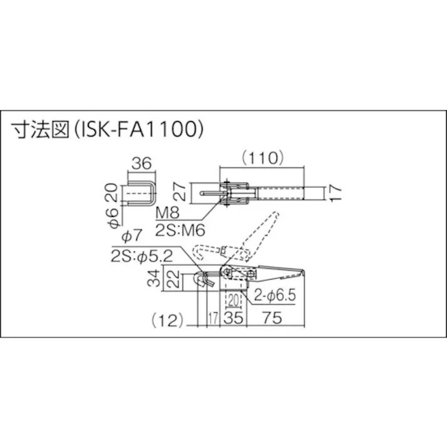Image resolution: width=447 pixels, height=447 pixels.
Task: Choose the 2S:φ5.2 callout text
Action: click(x=142, y=256)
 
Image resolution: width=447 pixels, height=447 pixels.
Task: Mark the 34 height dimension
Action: click(x=154, y=276)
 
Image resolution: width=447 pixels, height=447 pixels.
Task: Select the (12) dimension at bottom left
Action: click(x=166, y=319)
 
